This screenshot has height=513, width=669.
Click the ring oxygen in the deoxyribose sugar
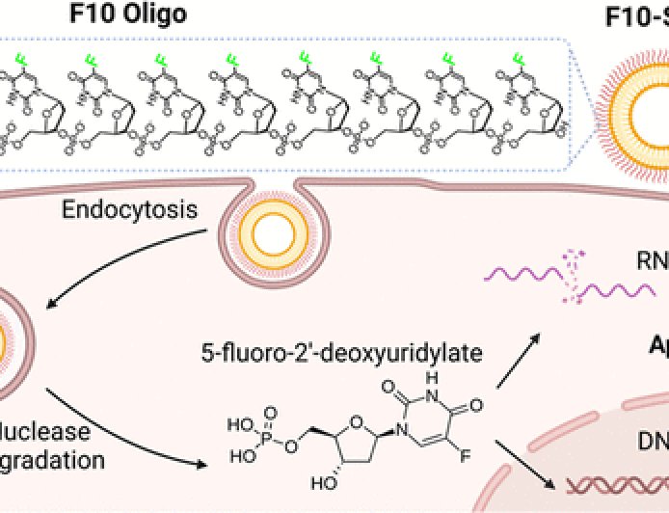386,420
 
